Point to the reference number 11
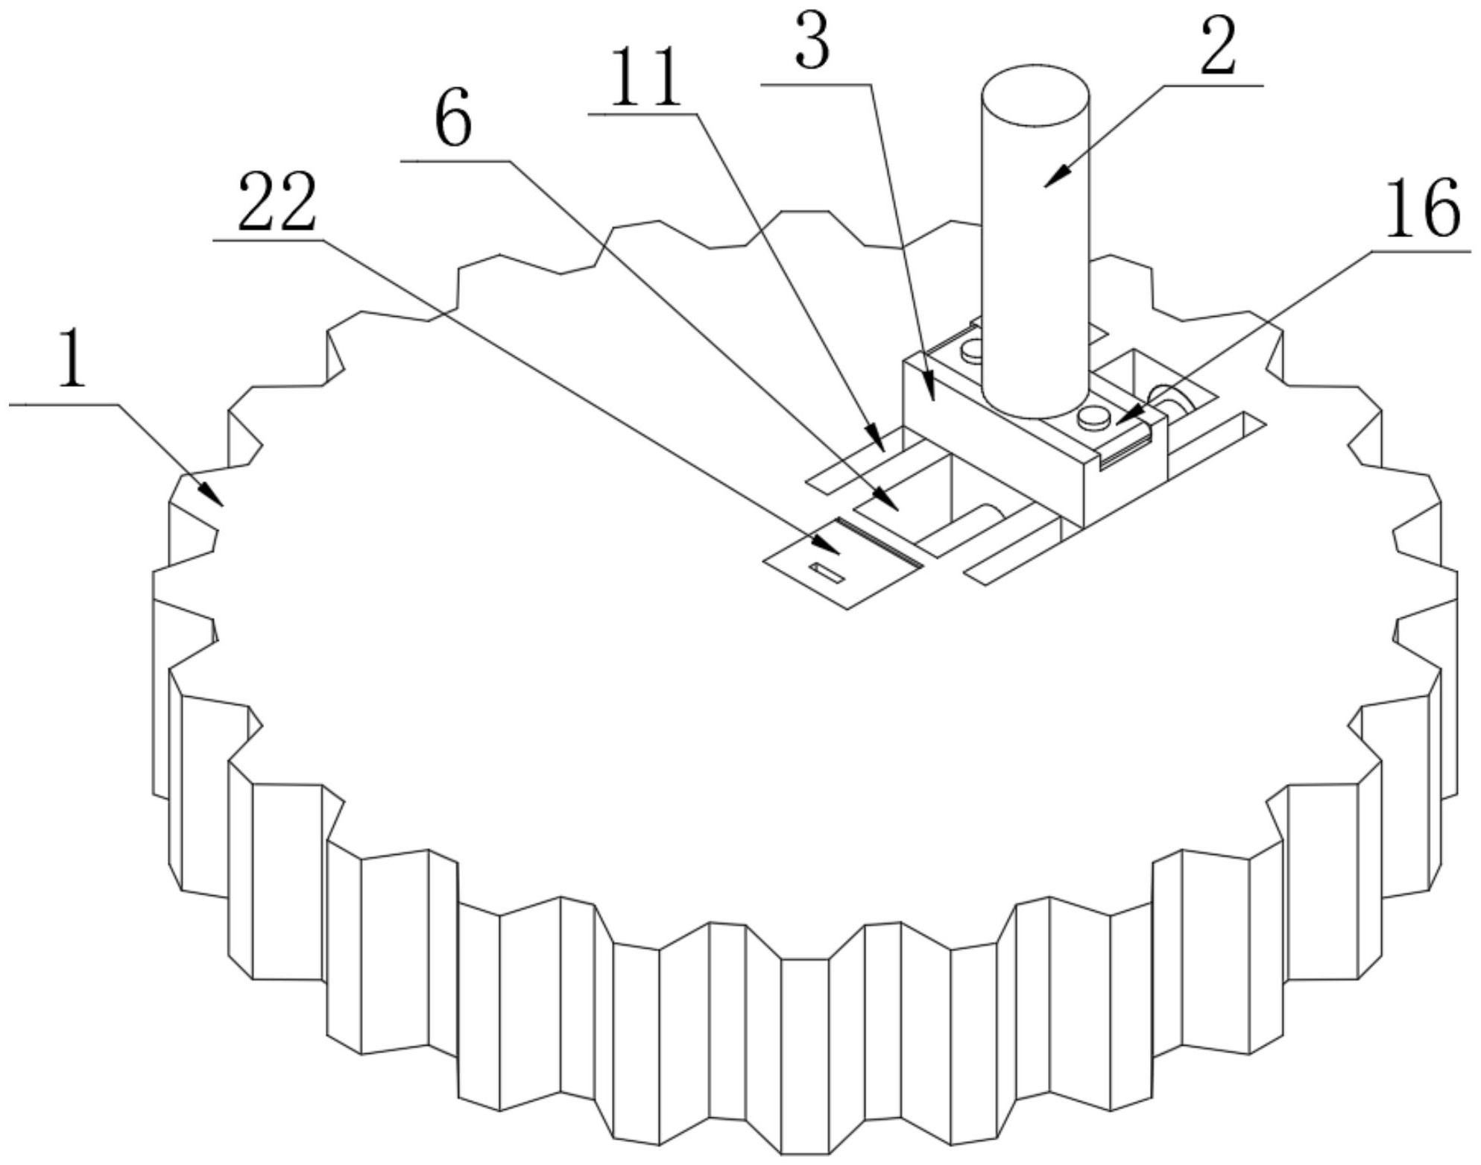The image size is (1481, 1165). click(645, 78)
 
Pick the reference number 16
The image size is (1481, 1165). click(1423, 209)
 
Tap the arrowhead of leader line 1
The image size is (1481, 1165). click(211, 494)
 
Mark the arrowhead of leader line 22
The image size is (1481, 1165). click(829, 546)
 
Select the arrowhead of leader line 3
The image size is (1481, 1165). click(929, 388)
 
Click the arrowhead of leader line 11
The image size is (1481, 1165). click(875, 438)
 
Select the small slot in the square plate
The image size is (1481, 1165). click(827, 572)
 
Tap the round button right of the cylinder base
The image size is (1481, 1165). click(1093, 415)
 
